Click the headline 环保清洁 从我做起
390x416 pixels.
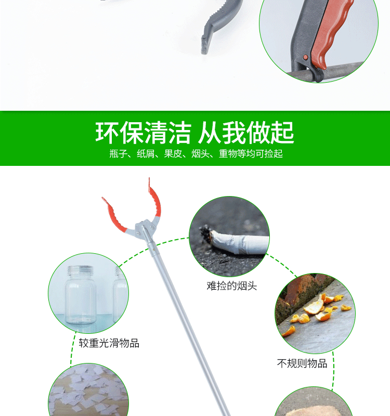(x=194, y=133)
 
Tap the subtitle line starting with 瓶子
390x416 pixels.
(x=196, y=153)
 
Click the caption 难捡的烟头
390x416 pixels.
(x=232, y=285)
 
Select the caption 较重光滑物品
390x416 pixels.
(x=109, y=343)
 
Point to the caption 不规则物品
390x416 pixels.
(x=302, y=363)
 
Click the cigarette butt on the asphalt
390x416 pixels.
(x=235, y=241)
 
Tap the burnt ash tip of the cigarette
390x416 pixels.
(x=206, y=233)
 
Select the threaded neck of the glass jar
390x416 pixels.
(x=81, y=271)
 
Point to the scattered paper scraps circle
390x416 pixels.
(x=88, y=390)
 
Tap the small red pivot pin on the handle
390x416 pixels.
(x=305, y=57)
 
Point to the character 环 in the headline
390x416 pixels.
(x=107, y=133)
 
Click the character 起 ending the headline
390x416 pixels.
(x=282, y=133)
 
